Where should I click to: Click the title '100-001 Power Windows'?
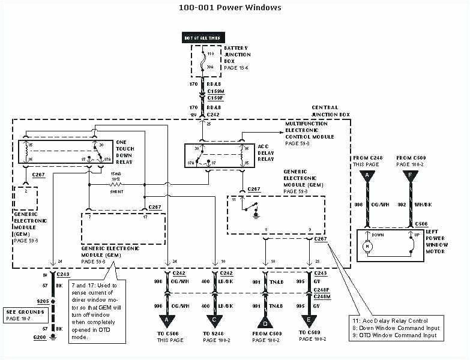coord(230,8)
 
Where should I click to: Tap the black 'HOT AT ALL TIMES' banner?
coord(201,38)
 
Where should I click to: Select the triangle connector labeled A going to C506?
coord(166,322)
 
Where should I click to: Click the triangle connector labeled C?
coord(214,322)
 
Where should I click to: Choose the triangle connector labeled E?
coord(309,322)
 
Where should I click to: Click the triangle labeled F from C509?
coord(411,176)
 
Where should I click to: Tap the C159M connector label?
coord(215,91)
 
